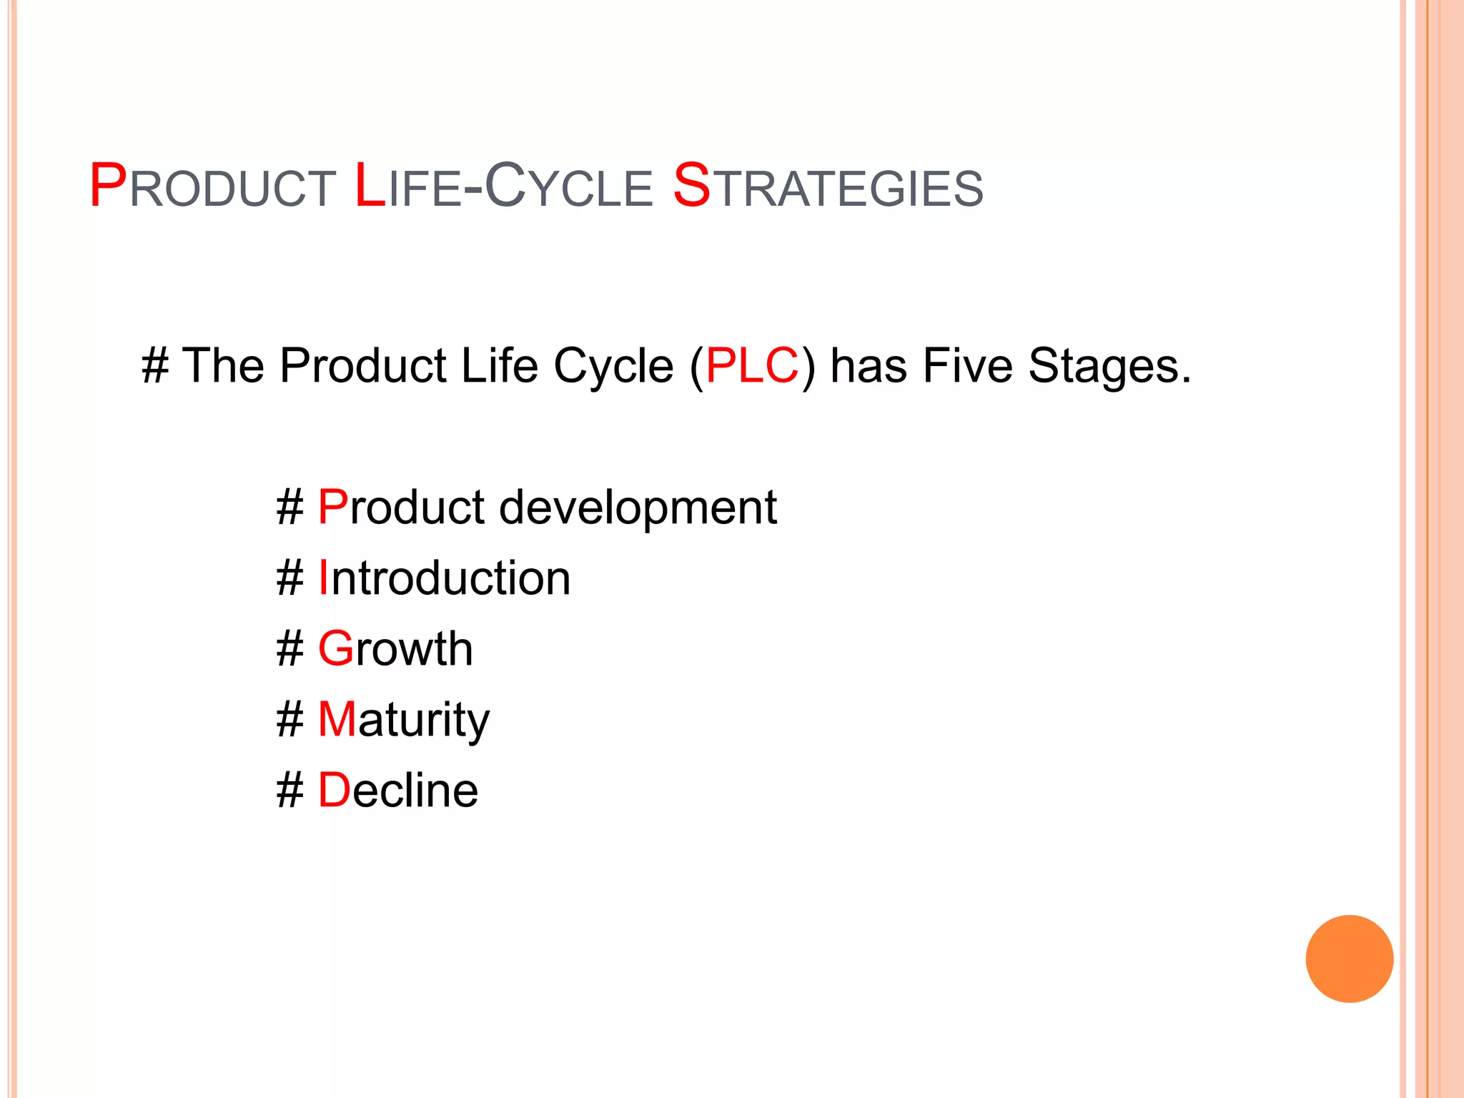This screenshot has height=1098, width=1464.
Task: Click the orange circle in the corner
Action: tap(1349, 959)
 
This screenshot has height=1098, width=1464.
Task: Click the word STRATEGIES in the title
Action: tap(828, 187)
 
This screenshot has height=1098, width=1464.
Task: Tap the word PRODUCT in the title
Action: tap(212, 187)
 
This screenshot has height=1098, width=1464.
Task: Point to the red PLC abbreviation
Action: tap(751, 366)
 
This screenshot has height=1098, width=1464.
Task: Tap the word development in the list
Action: tap(638, 508)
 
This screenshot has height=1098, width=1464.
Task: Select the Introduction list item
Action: tap(444, 578)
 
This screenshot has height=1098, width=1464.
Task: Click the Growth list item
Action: tap(395, 648)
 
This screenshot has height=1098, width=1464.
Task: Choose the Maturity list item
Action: tap(403, 720)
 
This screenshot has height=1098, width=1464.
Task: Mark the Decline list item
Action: tap(397, 790)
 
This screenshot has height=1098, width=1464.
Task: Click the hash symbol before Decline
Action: tap(290, 791)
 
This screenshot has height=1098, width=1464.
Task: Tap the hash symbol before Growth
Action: tap(290, 649)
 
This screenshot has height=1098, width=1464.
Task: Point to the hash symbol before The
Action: tap(155, 366)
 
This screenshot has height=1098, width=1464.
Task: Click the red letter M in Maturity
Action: tap(337, 719)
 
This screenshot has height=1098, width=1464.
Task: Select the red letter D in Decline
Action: tap(334, 790)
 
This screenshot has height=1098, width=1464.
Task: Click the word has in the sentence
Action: tap(869, 366)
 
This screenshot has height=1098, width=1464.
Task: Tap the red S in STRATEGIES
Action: tap(692, 186)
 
